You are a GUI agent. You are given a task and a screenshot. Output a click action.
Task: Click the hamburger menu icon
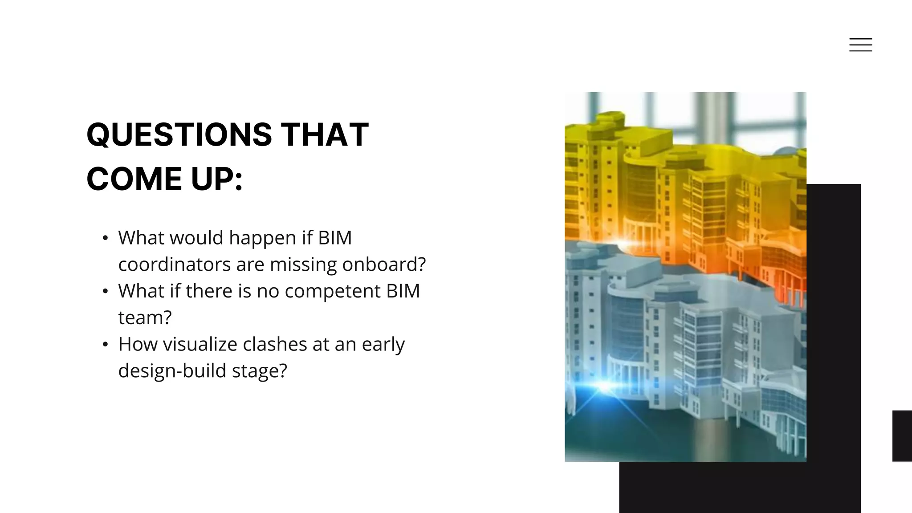[860, 45]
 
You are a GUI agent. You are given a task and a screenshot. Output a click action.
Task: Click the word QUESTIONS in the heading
[179, 134]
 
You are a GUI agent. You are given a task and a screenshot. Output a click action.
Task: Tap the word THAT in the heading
[325, 134]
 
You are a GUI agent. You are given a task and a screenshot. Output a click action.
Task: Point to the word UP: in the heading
[217, 179]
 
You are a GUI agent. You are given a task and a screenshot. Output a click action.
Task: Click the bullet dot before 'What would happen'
[105, 238]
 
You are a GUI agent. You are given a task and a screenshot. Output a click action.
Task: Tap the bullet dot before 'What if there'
[105, 292]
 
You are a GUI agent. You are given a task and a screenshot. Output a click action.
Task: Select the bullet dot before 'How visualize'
[105, 345]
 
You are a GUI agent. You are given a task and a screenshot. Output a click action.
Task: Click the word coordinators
[174, 265]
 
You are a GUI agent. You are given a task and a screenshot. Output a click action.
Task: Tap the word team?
[145, 318]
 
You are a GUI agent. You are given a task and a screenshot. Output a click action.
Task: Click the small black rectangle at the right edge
[902, 436]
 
